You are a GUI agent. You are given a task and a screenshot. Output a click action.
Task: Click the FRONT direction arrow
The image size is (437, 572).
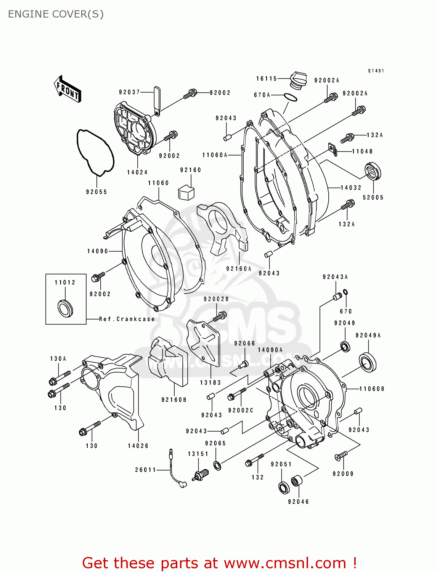pyautogui.click(x=67, y=89)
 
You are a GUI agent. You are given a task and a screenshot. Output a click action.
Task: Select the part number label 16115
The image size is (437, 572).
pyautogui.click(x=267, y=79)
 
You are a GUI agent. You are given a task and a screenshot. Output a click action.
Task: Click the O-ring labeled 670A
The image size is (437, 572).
pyautogui.click(x=291, y=98)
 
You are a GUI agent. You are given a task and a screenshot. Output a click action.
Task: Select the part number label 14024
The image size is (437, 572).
pyautogui.click(x=137, y=172)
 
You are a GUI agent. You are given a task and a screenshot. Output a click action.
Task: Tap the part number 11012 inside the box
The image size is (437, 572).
pyautogui.click(x=65, y=283)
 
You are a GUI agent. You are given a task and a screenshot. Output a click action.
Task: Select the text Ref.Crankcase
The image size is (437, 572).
pyautogui.click(x=127, y=319)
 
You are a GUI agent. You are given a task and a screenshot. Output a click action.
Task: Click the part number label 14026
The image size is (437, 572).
pyautogui.click(x=138, y=446)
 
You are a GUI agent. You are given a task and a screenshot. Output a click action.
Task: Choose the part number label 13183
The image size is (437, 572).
pyautogui.click(x=210, y=382)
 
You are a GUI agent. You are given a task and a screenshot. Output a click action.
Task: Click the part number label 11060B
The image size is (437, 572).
pyautogui.click(x=372, y=389)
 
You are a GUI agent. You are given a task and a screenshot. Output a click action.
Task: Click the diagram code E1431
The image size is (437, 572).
pyautogui.click(x=376, y=71)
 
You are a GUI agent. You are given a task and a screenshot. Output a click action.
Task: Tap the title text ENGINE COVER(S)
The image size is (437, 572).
pyautogui.click(x=56, y=14)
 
